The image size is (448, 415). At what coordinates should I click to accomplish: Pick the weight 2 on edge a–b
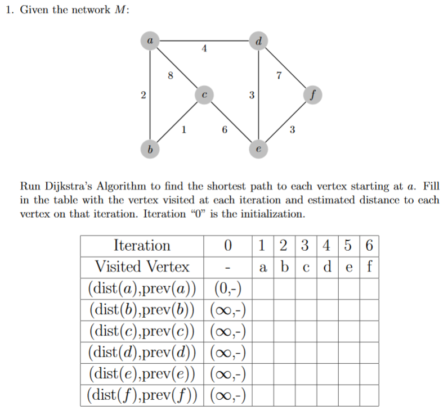pyautogui.click(x=143, y=96)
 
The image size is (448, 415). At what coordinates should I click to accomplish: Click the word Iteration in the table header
pyautogui.click(x=142, y=245)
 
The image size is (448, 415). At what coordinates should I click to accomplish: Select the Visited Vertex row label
pyautogui.click(x=142, y=266)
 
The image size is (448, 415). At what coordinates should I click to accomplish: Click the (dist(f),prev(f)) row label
pyautogui.click(x=142, y=394)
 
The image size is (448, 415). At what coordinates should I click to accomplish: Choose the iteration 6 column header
pyautogui.click(x=369, y=245)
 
